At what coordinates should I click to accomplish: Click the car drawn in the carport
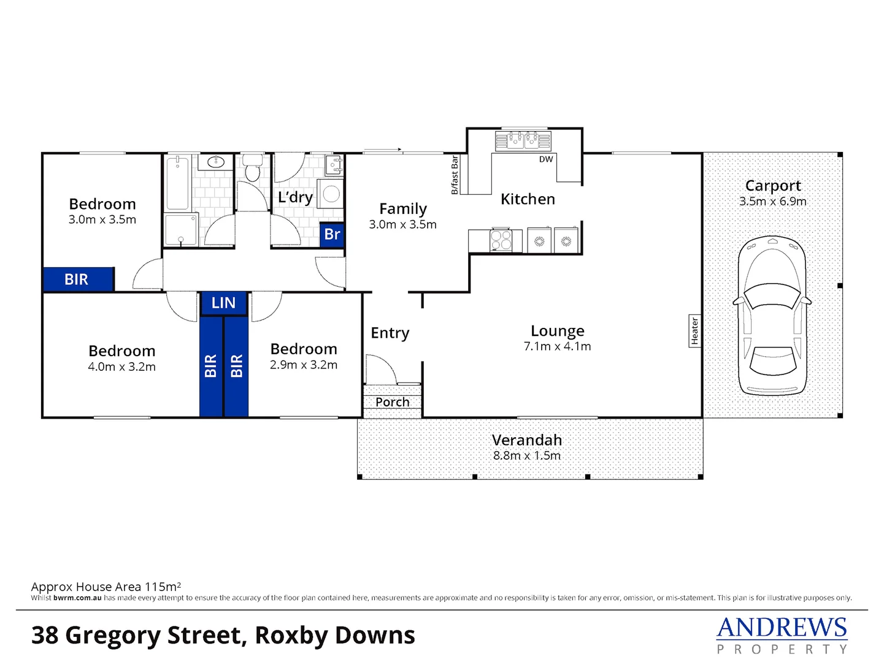[x=772, y=315]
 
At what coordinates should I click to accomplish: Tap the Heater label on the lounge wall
[x=694, y=331]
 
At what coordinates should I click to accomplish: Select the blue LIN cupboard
[x=223, y=303]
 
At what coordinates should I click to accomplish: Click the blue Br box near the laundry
[x=332, y=234]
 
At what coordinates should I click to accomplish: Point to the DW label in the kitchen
[x=546, y=159]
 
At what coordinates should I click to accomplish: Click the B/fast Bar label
[x=455, y=175]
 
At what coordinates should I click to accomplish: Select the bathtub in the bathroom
[x=179, y=183]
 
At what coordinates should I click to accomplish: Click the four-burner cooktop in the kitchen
[x=501, y=240]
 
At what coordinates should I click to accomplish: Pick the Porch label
[x=392, y=402]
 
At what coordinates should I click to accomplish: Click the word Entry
[x=390, y=333]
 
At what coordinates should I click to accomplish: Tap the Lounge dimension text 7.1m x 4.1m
[x=557, y=346]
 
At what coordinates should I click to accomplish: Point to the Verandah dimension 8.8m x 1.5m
[x=526, y=455]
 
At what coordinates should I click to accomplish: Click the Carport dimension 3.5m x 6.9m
[x=772, y=201]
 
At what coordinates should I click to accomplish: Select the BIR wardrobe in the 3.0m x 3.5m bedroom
[x=79, y=280]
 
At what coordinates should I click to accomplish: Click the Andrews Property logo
[x=782, y=635]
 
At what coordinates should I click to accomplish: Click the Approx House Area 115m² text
[x=106, y=587]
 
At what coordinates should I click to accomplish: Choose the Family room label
[x=402, y=209]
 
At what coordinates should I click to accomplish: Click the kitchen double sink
[x=523, y=140]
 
